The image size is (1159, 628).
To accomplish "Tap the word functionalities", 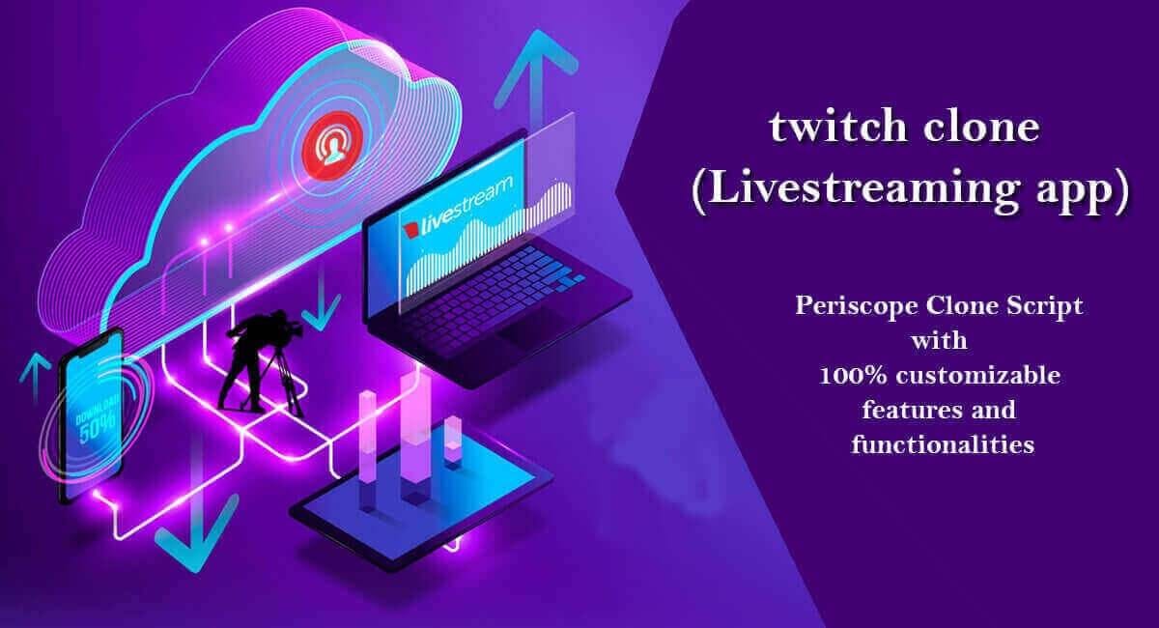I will pos(943,444).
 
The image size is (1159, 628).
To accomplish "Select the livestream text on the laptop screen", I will pos(464,208).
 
